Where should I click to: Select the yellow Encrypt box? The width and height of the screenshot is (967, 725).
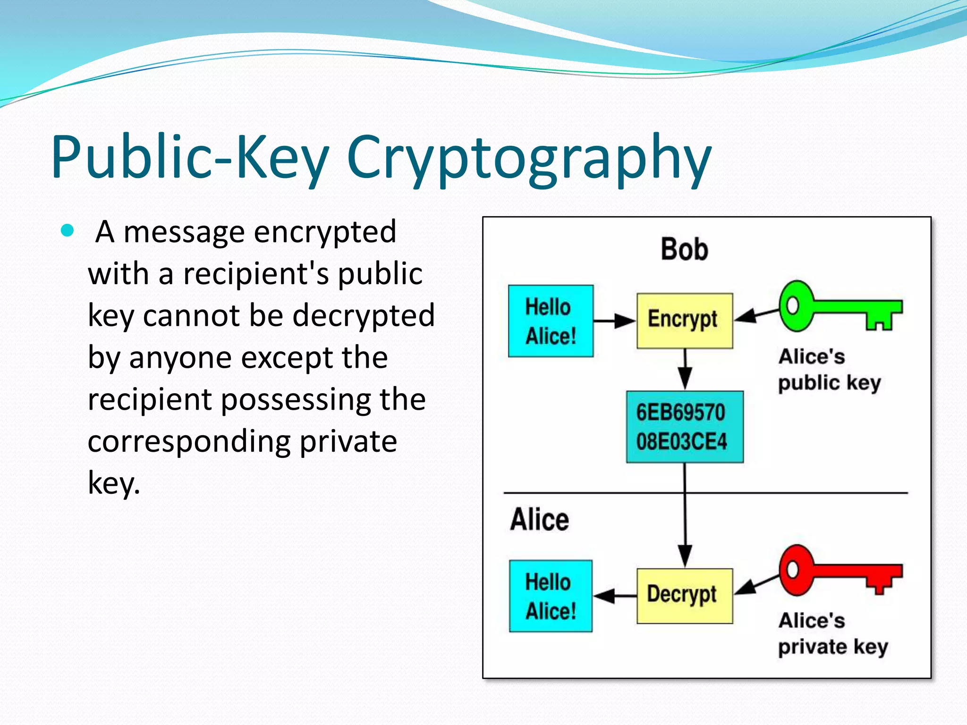684,320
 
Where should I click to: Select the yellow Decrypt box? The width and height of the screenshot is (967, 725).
684,596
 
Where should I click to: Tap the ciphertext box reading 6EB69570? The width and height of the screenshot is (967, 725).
684,427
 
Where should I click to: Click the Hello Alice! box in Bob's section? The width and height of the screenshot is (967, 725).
551,321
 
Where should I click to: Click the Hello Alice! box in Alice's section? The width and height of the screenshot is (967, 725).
551,596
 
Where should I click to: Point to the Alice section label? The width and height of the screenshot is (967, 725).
539,520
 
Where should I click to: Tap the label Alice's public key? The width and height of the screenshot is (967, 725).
829,370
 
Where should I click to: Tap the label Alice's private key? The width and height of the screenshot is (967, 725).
832,633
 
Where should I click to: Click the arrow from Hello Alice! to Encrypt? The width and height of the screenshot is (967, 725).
614,321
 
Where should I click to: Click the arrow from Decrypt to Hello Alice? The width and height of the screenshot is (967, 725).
614,596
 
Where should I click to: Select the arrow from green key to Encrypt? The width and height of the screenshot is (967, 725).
756,315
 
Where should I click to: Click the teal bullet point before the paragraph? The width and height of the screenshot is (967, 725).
68,231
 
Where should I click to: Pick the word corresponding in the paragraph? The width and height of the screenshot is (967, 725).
189,442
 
